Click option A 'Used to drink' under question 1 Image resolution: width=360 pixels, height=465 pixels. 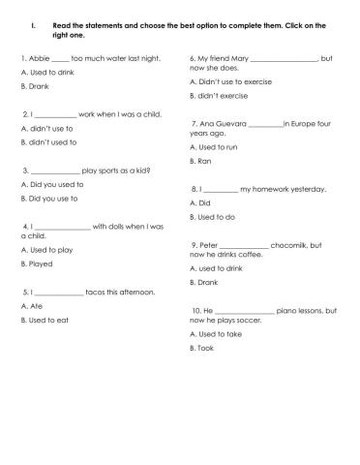pyautogui.click(x=44, y=73)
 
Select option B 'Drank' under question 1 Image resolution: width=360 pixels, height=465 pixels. pyautogui.click(x=36, y=86)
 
